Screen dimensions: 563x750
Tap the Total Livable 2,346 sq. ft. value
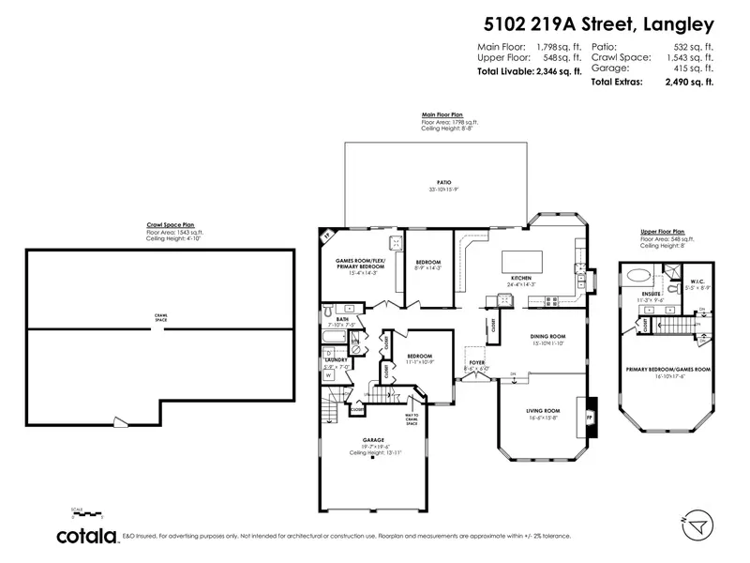(529, 71)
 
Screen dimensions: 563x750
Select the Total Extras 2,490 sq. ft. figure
(651, 83)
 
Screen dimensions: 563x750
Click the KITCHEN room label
(521, 279)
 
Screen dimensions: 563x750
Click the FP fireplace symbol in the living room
(590, 413)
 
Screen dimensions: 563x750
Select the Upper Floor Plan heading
(663, 231)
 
